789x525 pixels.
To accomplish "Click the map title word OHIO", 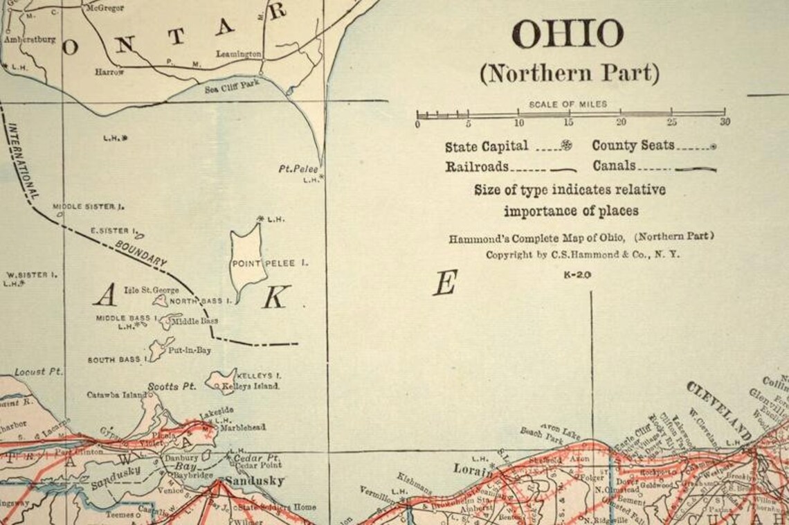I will click(568, 35).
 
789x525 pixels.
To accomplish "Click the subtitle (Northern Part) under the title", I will click(569, 73).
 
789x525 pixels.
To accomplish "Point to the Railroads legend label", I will click(477, 167).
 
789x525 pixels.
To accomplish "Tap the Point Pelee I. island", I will click(248, 260).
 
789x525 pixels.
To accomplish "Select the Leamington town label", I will click(238, 54).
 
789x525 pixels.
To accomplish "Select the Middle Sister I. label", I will click(88, 206).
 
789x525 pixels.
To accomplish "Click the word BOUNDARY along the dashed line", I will click(141, 254).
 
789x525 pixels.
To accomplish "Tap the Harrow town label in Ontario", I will click(109, 72).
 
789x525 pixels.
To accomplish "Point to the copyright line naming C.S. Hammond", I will click(583, 254).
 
